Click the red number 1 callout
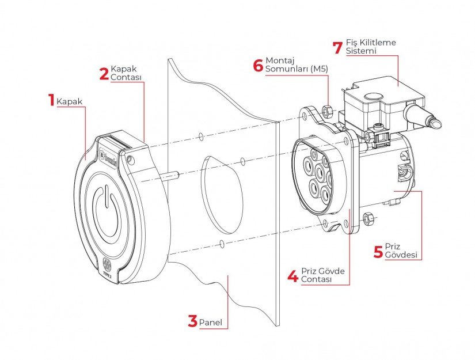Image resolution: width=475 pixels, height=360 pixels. (51, 100)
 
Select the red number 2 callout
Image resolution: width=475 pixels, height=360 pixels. (104, 74)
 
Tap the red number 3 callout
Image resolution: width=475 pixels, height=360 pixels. (192, 321)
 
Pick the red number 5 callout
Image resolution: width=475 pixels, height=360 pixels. (378, 251)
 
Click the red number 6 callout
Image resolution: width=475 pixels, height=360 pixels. (258, 64)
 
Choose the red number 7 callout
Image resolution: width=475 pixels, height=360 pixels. (338, 47)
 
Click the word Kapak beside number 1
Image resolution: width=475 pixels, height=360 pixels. (70, 102)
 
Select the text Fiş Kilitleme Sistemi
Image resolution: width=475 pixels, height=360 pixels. (371, 47)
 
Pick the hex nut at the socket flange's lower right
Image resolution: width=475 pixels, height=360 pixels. (368, 217)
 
